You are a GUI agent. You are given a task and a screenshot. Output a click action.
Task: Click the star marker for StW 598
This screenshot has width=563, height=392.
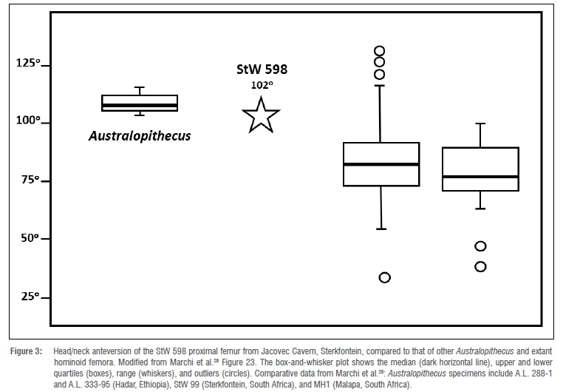pos(261,116)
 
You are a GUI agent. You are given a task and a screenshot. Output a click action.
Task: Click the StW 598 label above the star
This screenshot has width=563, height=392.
pos(256,70)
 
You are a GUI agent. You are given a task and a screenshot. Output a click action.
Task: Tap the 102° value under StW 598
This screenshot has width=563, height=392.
pos(261,85)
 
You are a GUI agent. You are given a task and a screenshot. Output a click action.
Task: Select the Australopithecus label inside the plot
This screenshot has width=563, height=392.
pos(140,136)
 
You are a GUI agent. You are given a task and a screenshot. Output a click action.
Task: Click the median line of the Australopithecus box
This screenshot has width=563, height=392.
pos(140,106)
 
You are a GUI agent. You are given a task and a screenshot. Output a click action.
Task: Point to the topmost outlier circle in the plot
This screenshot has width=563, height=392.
pos(379,51)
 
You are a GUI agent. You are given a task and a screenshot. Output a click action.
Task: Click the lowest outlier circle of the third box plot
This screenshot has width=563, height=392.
pos(384,277)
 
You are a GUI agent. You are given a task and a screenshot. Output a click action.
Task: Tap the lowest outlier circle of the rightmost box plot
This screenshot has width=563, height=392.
pos(480,266)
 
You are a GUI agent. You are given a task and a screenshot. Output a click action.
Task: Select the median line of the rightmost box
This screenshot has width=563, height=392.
pos(480,177)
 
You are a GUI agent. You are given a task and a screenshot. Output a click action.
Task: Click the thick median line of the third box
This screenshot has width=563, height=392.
pos(381,163)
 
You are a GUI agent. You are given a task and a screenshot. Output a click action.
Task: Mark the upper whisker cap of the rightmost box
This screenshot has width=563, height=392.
pos(480,124)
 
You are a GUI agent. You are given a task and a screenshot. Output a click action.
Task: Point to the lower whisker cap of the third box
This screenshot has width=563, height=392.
pos(381,229)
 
